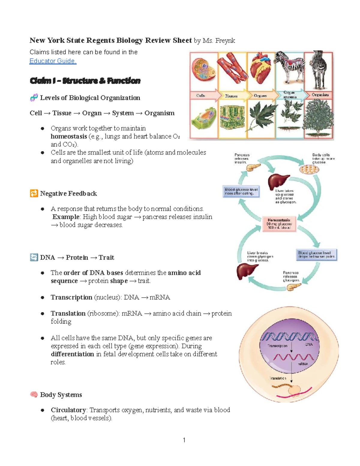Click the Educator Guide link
click(x=53, y=61)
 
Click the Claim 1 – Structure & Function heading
click(x=85, y=81)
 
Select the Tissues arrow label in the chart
click(x=232, y=96)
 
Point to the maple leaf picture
click(x=260, y=118)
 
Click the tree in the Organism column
click(x=318, y=118)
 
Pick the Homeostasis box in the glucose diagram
click(x=279, y=224)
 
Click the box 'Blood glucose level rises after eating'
click(x=241, y=191)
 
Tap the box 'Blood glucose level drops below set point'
click(x=316, y=254)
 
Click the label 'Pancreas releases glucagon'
click(x=291, y=276)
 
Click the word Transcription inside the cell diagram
click(x=277, y=346)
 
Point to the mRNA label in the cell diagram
click(x=302, y=364)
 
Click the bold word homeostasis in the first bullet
click(x=69, y=137)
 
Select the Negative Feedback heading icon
click(x=34, y=194)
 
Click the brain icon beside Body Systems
click(x=34, y=395)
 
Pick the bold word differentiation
click(x=72, y=354)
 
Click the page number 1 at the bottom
click(x=184, y=440)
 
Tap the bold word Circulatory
click(x=68, y=410)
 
